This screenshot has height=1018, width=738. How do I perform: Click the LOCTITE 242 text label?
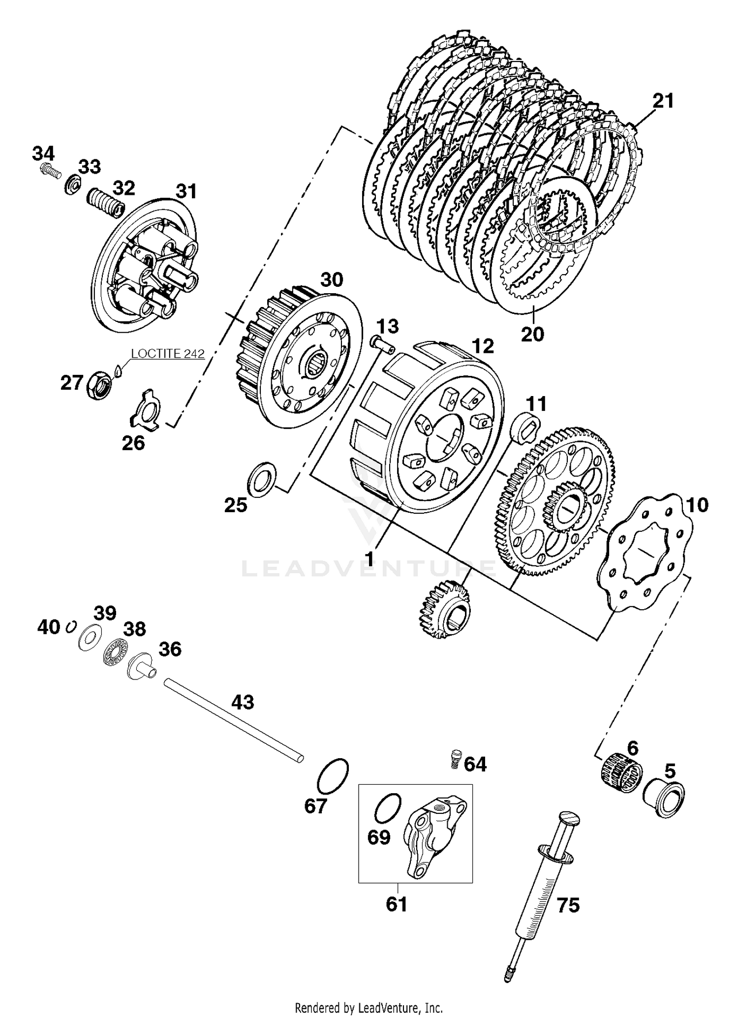167,354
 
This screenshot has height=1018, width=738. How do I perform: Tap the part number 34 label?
43,154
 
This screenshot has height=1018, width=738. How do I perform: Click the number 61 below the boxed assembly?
396,904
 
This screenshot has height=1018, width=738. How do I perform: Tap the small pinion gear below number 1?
444,609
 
